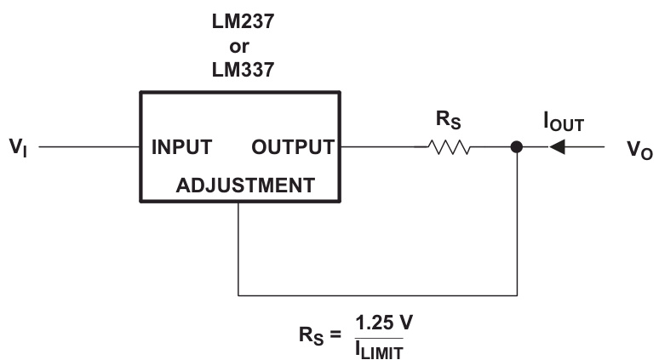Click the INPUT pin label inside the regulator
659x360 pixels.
tap(181, 147)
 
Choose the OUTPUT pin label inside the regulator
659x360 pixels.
tap(293, 147)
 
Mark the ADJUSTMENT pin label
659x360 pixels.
tap(244, 185)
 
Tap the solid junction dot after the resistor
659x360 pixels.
tap(516, 147)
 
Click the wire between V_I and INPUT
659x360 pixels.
tap(89, 147)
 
